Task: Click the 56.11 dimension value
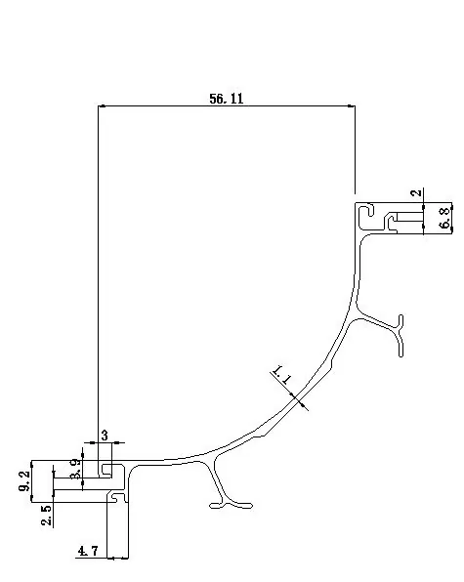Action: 227,99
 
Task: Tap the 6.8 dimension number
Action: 445,218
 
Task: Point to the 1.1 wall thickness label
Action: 281,375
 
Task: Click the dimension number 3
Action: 105,435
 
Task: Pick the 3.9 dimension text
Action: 75,469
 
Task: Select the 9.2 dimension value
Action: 23,481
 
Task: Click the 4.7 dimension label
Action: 88,551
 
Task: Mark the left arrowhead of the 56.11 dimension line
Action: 102,106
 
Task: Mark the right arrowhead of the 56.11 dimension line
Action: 351,106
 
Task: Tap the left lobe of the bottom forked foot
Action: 216,505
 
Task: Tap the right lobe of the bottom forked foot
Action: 243,505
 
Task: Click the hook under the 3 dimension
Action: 106,470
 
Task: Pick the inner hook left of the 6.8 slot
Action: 391,222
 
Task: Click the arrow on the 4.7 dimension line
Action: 110,558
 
